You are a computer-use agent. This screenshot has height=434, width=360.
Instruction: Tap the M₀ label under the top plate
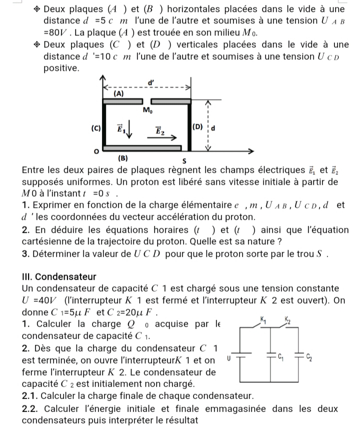coord(147,111)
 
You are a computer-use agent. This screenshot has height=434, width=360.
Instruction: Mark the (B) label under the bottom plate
coord(122,158)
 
